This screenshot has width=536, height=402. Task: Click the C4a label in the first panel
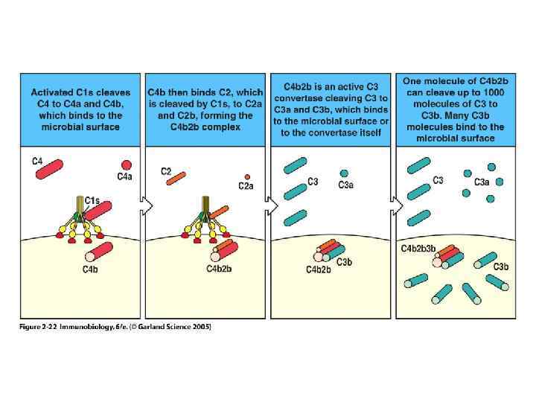click(124, 176)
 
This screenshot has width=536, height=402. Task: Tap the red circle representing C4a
click(127, 165)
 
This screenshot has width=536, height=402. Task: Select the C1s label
click(92, 200)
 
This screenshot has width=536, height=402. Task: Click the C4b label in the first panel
click(90, 269)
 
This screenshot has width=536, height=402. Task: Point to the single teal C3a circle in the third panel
click(343, 173)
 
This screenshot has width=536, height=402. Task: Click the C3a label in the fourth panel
click(482, 182)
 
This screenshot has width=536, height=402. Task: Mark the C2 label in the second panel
click(166, 171)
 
